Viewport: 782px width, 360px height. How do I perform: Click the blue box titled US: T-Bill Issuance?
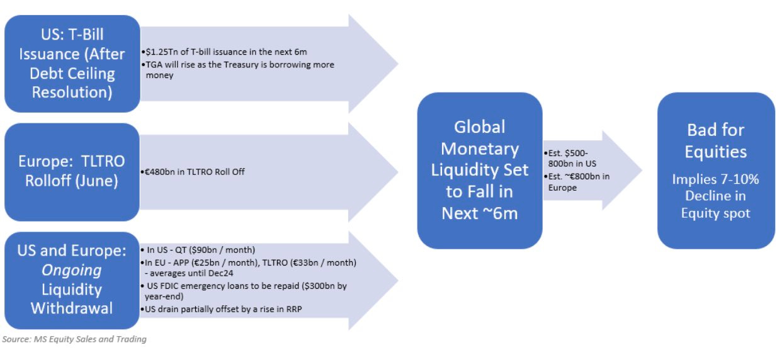72,63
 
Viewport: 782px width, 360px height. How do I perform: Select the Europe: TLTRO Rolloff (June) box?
71,171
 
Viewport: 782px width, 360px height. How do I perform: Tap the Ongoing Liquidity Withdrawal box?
71,279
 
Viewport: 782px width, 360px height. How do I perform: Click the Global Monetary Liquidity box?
479,170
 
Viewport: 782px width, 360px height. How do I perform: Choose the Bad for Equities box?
715,171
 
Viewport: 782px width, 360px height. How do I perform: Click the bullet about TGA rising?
239,69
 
